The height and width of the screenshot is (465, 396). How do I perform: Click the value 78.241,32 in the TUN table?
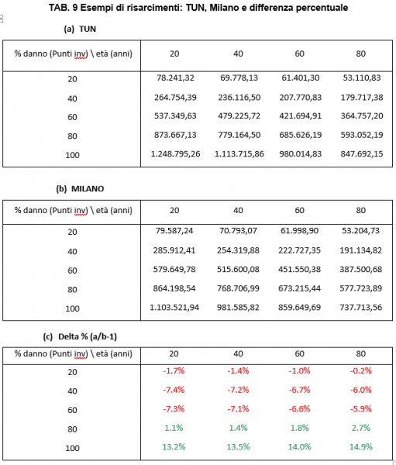pyautogui.click(x=175, y=77)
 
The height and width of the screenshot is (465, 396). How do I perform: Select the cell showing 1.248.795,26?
pyautogui.click(x=175, y=153)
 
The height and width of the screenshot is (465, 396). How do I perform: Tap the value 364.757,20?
pyautogui.click(x=362, y=115)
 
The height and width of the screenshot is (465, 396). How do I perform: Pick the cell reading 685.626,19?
pyautogui.click(x=300, y=135)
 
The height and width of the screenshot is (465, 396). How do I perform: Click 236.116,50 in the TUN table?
pyautogui.click(x=239, y=98)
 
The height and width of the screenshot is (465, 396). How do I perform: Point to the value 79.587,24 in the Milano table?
pyautogui.click(x=174, y=230)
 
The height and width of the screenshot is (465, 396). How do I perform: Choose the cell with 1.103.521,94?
pyautogui.click(x=174, y=307)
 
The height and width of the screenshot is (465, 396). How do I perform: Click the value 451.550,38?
pyautogui.click(x=299, y=269)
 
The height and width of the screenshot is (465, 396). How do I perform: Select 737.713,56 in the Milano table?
pyautogui.click(x=360, y=307)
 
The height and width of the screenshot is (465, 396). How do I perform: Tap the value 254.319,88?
pyautogui.click(x=238, y=250)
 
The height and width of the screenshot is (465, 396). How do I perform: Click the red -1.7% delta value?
pyautogui.click(x=174, y=370)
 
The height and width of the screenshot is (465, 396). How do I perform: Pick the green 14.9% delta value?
pyautogui.click(x=360, y=446)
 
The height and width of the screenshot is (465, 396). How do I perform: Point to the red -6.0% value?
pyautogui.click(x=360, y=390)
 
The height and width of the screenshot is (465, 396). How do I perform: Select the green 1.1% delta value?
pyautogui.click(x=174, y=428)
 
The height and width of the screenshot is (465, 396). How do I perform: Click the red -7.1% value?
pyautogui.click(x=238, y=408)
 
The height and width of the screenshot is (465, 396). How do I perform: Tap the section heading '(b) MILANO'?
pyautogui.click(x=80, y=188)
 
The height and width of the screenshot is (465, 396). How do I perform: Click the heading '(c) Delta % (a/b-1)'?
pyautogui.click(x=80, y=336)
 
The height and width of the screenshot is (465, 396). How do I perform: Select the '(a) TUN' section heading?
pyautogui.click(x=80, y=29)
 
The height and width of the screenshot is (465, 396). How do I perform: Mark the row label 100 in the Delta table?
pyautogui.click(x=72, y=448)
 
